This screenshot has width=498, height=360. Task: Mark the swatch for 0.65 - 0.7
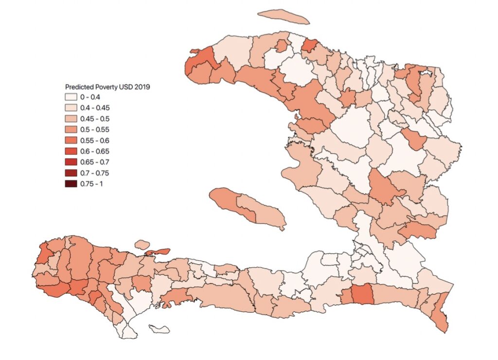(71, 162)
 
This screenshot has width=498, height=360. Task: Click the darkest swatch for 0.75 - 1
(71, 183)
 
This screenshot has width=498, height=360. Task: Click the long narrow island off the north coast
(284, 17)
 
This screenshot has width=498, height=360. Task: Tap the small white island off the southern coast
(159, 329)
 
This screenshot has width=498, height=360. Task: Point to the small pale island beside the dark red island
(141, 243)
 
